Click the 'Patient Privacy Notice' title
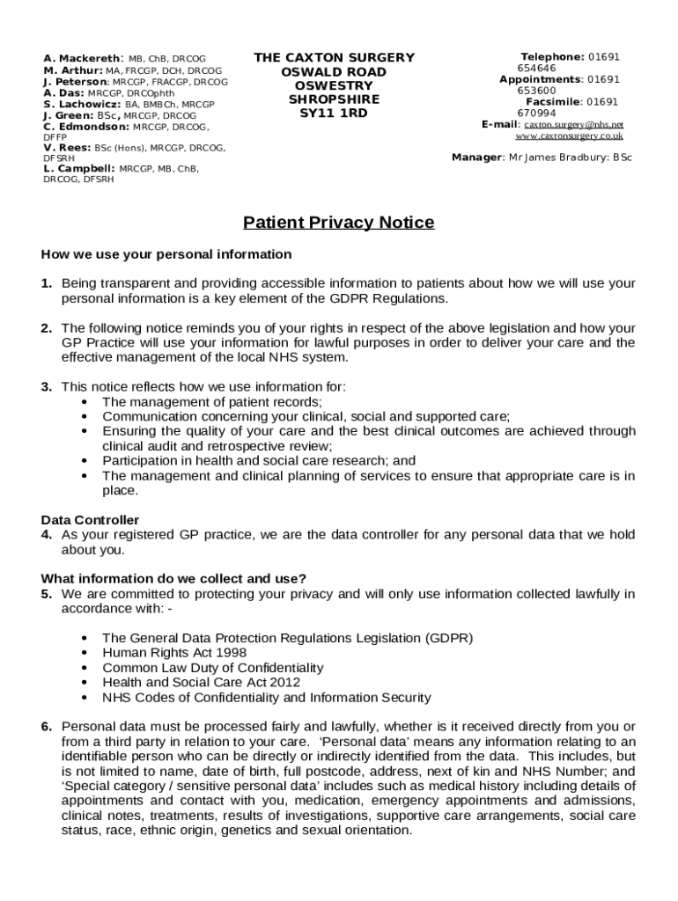coord(338,223)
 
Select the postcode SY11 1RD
coord(334,114)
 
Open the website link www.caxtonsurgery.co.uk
coord(569,136)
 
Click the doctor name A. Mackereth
coord(82,59)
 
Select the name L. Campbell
coord(79,168)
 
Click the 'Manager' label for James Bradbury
coord(476,158)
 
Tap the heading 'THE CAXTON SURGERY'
coord(334,58)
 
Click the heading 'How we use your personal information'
coord(166,254)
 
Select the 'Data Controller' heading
coord(90,520)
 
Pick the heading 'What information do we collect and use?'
coord(173,578)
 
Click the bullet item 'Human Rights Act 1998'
coord(174,653)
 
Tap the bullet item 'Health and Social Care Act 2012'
coord(201,682)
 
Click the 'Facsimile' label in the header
coord(552,102)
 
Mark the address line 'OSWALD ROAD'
coord(334,72)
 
